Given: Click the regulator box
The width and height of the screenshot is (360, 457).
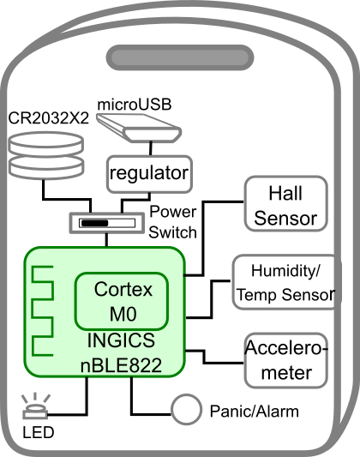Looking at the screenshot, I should click(148, 173).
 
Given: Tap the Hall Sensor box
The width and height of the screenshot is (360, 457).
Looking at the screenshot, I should click(285, 204).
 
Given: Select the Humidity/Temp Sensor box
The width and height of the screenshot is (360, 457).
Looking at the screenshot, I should click(285, 283).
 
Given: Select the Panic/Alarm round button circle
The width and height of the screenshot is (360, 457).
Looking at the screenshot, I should click(185, 411).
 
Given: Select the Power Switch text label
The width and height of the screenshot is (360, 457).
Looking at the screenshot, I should click(172, 221).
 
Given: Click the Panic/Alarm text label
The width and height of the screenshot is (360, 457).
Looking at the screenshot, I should click(255, 412).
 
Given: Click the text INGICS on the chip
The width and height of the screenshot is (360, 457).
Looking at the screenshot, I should click(121, 341).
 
